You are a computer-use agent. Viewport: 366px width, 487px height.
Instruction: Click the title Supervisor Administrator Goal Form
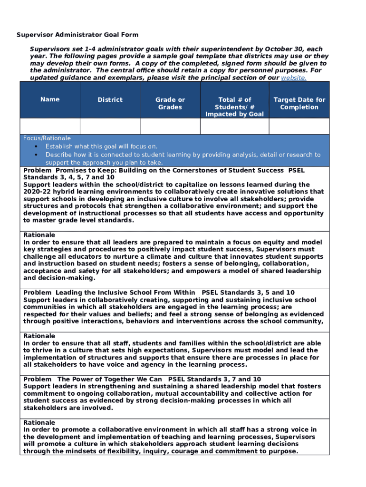tap(77, 35)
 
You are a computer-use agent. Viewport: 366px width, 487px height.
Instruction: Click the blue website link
tap(294, 78)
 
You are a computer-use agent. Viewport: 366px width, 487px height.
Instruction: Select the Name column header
tap(50, 99)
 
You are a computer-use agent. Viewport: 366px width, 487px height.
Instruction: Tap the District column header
tap(110, 100)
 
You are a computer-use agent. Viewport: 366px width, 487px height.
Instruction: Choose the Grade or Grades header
tap(170, 103)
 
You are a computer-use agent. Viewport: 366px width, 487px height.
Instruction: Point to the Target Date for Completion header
tap(299, 103)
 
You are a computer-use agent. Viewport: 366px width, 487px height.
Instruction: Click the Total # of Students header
tap(234, 107)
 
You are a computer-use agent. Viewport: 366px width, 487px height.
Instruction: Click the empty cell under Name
tap(50, 126)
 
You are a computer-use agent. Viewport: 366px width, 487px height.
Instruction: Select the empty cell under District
tap(110, 126)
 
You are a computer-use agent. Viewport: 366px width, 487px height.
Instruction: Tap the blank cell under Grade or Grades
tap(170, 126)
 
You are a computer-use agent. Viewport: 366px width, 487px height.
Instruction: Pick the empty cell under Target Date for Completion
tap(299, 126)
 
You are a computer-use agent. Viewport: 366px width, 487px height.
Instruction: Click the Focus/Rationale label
tap(47, 138)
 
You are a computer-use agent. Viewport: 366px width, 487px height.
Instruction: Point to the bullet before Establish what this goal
tap(36, 146)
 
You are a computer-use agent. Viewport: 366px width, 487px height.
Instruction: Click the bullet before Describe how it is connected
tap(36, 155)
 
